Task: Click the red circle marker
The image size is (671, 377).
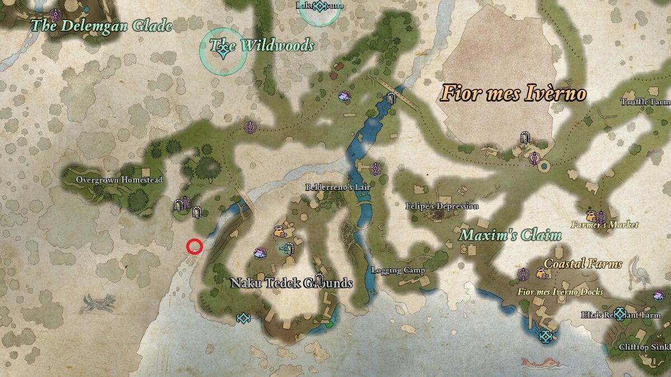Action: click(194, 246)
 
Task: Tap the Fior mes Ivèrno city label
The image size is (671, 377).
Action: click(513, 93)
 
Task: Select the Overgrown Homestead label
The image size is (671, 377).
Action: click(119, 180)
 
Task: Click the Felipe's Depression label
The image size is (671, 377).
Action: click(442, 206)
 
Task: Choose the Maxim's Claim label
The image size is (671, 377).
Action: click(510, 235)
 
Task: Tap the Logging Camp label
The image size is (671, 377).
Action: click(398, 270)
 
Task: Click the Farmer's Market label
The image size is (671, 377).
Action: click(604, 225)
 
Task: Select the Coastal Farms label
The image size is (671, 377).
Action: click(583, 264)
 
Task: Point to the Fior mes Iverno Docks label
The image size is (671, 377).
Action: click(560, 292)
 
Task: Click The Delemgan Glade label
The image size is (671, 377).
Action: click(101, 25)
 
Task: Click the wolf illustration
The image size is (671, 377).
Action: click(98, 303)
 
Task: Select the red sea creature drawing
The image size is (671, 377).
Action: click(540, 363)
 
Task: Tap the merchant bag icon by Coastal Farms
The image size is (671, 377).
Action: click(541, 273)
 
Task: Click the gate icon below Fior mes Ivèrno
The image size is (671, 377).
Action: click(524, 137)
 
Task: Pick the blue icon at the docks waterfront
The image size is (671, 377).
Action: click(545, 336)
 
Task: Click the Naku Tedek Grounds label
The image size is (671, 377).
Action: click(291, 283)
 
